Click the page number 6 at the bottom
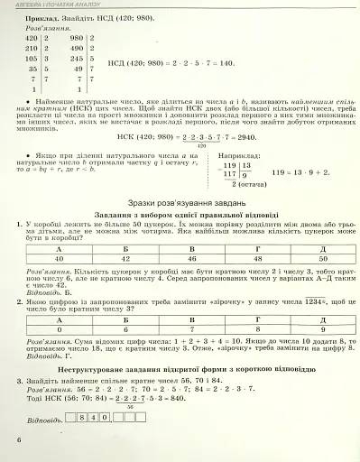(17, 439)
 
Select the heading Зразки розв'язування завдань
(180, 203)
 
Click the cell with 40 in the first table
(60, 258)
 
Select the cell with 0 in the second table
(60, 330)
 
